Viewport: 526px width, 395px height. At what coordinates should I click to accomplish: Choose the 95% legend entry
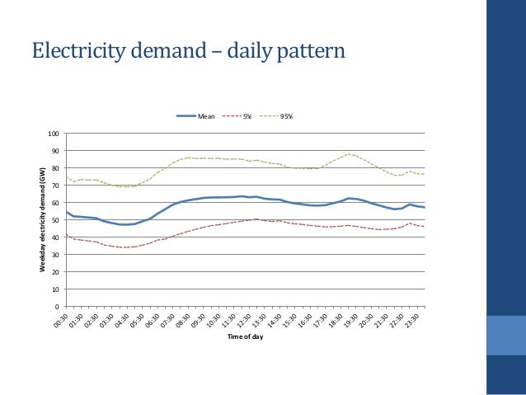(286, 116)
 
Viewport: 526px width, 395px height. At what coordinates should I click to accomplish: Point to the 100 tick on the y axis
(54, 134)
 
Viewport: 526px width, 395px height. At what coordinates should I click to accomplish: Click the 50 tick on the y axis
(56, 220)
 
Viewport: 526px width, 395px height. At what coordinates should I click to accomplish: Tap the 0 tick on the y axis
(58, 308)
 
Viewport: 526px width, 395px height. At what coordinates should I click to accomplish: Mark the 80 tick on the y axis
(56, 168)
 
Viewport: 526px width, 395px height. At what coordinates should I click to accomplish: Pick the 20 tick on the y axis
(56, 273)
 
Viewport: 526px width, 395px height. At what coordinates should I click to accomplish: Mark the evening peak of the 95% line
(350, 153)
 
